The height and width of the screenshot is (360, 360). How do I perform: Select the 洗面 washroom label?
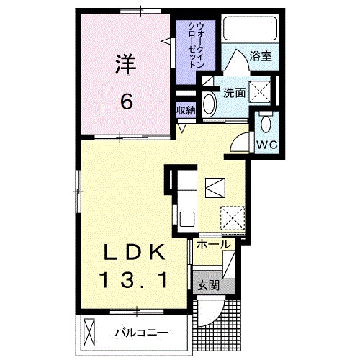(x=233, y=93)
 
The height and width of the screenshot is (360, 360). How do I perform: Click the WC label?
(x=267, y=143)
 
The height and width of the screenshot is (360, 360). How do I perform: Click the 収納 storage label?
(x=186, y=110)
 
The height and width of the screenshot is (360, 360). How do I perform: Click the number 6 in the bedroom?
(x=126, y=102)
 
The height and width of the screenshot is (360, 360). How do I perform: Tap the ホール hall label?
(x=213, y=246)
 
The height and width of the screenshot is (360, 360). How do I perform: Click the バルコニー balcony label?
(x=141, y=333)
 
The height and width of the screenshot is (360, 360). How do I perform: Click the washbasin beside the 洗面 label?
(x=210, y=102)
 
